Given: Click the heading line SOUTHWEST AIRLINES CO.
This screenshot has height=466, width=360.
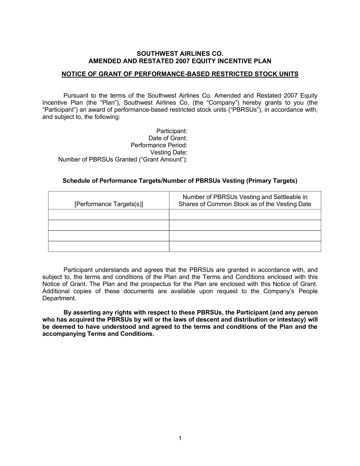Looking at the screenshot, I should point(180,54).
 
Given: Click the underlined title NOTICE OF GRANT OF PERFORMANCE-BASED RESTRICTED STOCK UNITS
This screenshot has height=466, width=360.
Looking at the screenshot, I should point(180,74).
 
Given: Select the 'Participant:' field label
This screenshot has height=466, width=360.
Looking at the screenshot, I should point(172,131).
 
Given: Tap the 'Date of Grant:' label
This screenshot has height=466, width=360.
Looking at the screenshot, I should point(168,138).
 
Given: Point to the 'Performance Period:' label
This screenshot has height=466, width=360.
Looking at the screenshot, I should point(159,145).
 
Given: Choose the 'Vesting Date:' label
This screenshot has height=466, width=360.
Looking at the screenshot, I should point(169,153).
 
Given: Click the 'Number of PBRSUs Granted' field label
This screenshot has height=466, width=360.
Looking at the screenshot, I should point(123,160).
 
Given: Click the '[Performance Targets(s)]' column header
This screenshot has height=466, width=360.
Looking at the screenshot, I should point(109,204).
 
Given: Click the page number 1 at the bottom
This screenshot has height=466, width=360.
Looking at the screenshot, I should point(180,438).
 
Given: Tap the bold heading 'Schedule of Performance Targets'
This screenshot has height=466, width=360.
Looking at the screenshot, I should point(180,181).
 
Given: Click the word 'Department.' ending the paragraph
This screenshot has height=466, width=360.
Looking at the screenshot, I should point(59,298).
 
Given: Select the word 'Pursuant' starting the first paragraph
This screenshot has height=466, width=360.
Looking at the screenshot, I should point(75,96).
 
